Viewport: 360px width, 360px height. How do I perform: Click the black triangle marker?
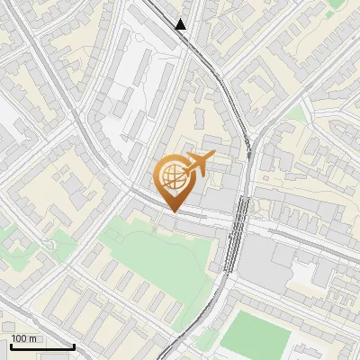click(x=182, y=24)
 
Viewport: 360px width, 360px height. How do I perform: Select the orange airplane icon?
click(x=197, y=164)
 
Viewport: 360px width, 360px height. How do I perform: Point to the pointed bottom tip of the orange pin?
click(x=175, y=211)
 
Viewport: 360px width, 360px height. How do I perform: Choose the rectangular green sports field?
click(x=255, y=333)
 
